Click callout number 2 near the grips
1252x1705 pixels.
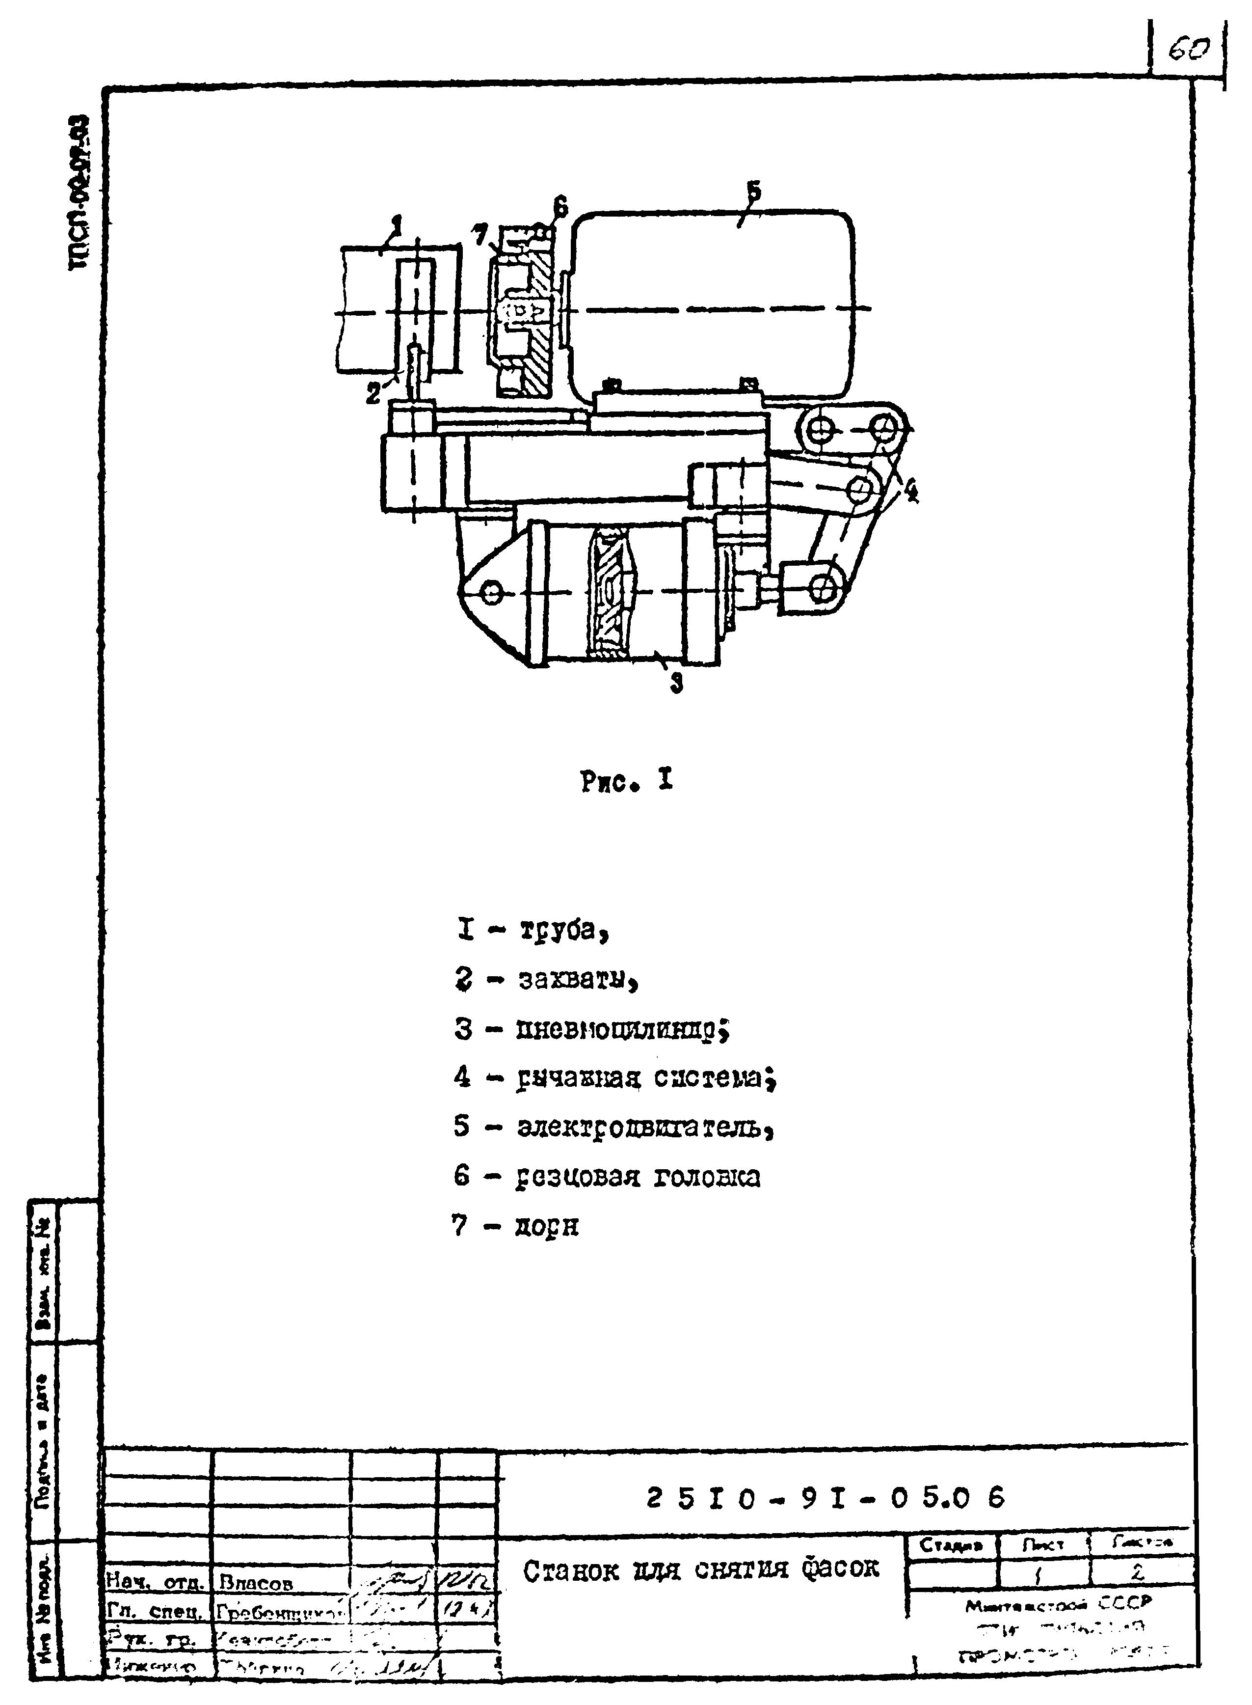[373, 393]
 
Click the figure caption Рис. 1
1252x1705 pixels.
[627, 782]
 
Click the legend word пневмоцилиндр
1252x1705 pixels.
[621, 1029]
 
